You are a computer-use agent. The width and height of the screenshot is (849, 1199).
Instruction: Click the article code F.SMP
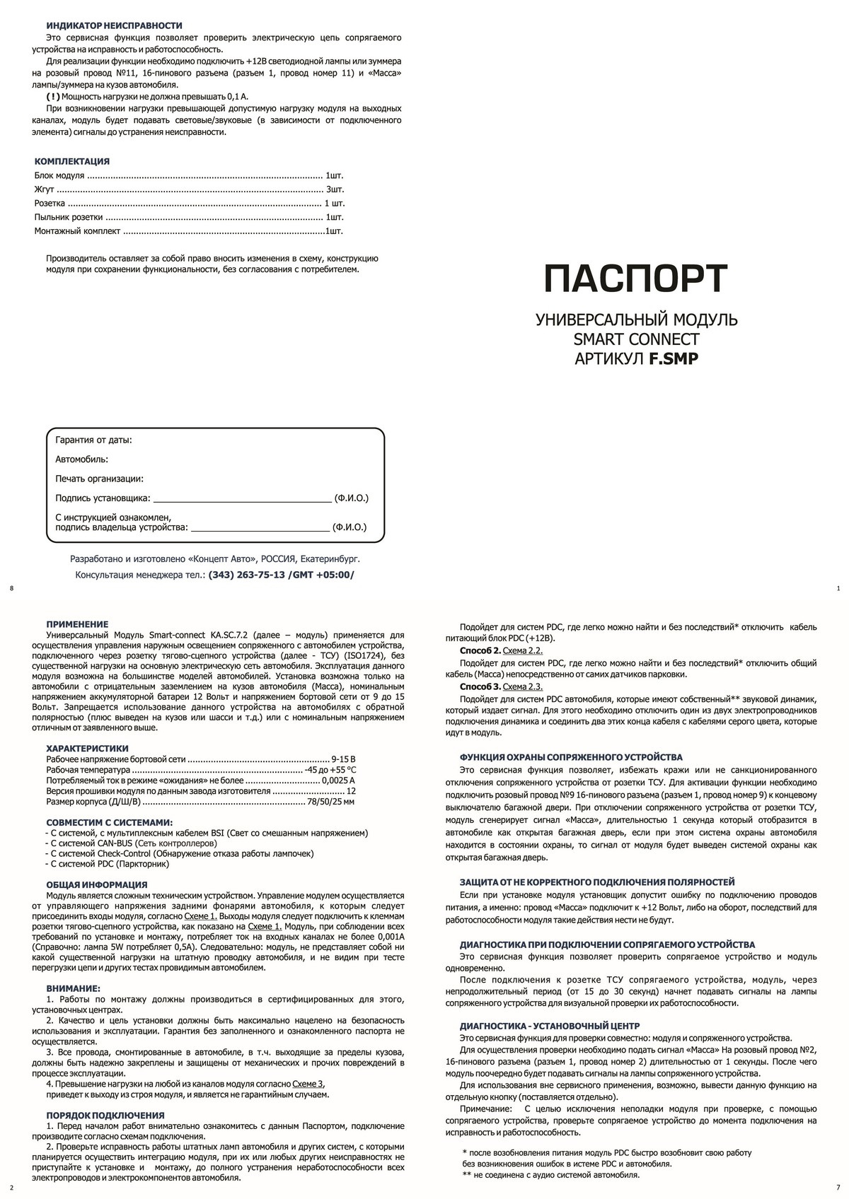tap(674, 358)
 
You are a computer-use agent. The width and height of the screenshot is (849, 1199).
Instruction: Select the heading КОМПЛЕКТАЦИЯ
tap(72, 161)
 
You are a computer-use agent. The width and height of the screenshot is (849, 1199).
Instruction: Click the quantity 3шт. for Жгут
tap(335, 189)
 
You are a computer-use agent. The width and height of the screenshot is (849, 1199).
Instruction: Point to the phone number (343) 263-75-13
tap(246, 575)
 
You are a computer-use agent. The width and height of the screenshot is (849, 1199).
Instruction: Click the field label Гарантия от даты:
tap(93, 440)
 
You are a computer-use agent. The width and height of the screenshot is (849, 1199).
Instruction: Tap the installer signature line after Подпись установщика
tap(242, 498)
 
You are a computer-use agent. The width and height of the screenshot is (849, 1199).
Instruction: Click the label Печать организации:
tap(99, 479)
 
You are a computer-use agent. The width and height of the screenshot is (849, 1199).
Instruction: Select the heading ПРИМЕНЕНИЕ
tap(77, 624)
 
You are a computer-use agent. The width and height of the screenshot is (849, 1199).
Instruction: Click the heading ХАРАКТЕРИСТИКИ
tap(87, 748)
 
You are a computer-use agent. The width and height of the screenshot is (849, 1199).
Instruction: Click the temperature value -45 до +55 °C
tap(330, 769)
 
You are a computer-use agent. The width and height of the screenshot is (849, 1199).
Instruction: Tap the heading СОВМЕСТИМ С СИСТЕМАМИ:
tap(109, 822)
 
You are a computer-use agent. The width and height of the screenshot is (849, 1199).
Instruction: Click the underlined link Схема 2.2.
tap(522, 650)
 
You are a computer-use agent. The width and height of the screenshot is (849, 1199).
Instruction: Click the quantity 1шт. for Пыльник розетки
tap(335, 217)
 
